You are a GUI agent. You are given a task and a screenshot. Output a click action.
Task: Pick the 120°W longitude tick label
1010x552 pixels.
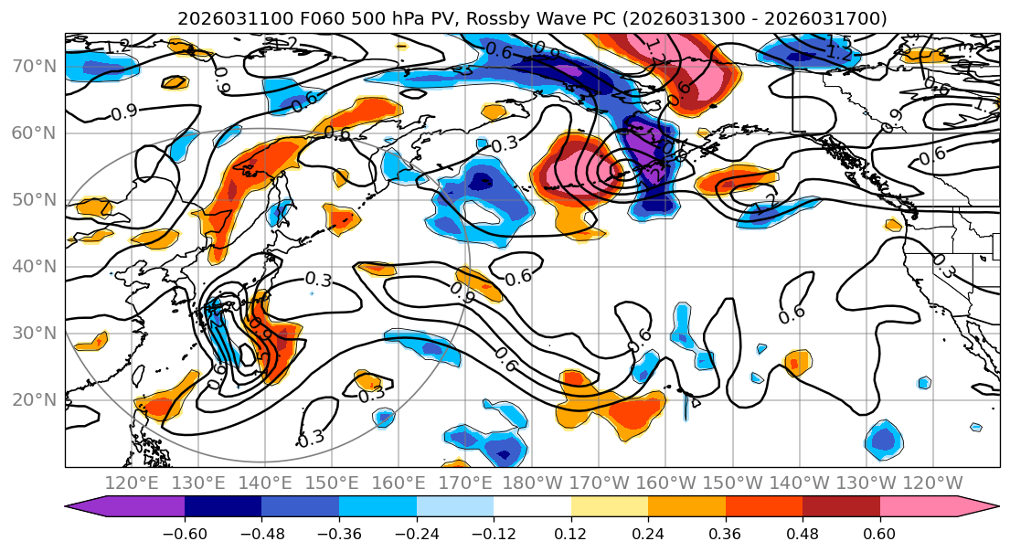932,483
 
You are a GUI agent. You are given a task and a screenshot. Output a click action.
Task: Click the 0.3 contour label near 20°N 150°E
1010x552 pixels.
371,395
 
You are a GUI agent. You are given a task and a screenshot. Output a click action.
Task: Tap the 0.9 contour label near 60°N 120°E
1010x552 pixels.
123,112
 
